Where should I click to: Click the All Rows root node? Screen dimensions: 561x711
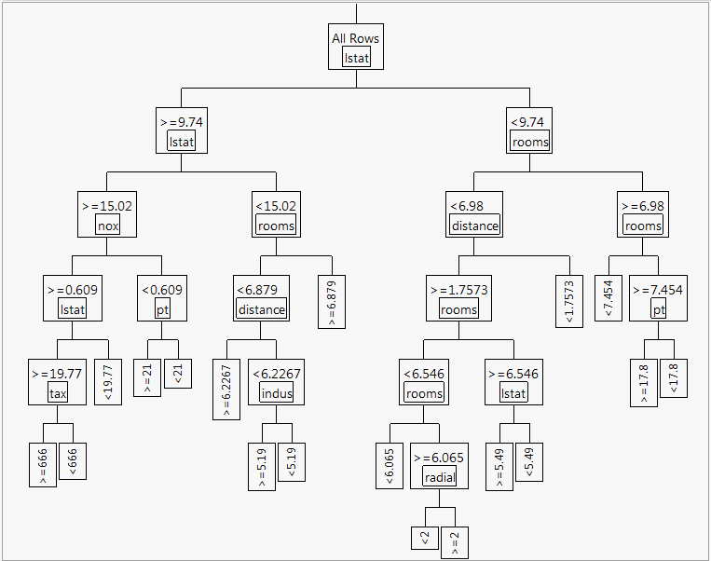[x=355, y=47]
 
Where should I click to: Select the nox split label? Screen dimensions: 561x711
[x=108, y=226]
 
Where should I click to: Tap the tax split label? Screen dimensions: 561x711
[x=58, y=393]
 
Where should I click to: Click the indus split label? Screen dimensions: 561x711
[x=276, y=393]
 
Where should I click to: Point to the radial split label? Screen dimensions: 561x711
[x=439, y=477]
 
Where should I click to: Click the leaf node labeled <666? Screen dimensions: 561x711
[x=73, y=458]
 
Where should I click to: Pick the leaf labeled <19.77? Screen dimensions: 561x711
[x=108, y=382]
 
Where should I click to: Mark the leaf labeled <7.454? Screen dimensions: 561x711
[x=609, y=298]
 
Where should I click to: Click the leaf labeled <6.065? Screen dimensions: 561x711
[x=390, y=465]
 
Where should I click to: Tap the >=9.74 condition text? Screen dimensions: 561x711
[x=181, y=121]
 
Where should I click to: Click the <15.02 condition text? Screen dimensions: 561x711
[x=276, y=205]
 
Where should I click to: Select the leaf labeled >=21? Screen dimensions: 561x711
[x=147, y=377]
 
